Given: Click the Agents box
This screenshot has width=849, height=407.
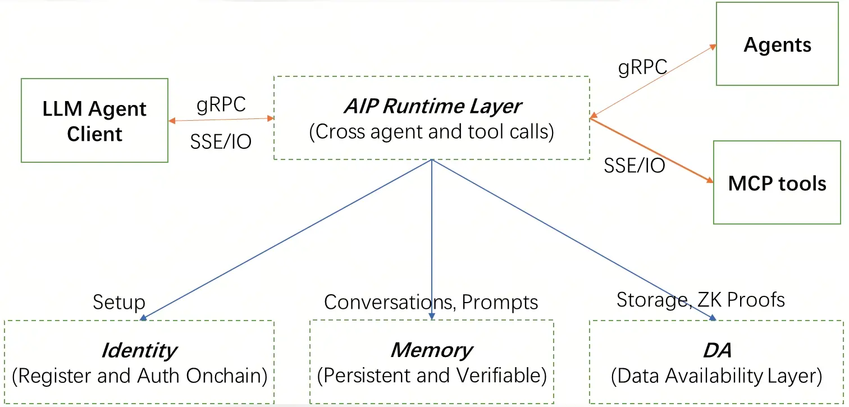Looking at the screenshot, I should click(x=777, y=44).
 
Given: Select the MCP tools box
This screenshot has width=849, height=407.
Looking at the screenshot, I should click(x=777, y=183).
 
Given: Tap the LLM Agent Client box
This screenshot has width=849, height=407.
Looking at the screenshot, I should click(x=94, y=121).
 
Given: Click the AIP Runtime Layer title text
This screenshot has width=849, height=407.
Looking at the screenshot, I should click(x=432, y=106).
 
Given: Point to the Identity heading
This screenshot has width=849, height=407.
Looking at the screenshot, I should click(x=139, y=350).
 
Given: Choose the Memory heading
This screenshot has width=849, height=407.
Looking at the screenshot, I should click(x=431, y=350).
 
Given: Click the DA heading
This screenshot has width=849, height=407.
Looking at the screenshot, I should click(x=717, y=350).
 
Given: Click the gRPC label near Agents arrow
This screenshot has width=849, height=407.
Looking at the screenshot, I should click(x=642, y=67).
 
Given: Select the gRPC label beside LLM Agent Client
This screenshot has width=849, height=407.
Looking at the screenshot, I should click(x=221, y=105).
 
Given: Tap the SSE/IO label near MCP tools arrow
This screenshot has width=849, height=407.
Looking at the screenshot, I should click(x=635, y=165).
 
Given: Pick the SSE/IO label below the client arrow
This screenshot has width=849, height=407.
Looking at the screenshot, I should click(x=221, y=142).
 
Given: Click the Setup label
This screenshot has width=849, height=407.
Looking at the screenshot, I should click(x=119, y=302).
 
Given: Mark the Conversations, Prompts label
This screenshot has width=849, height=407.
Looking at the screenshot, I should click(x=431, y=302).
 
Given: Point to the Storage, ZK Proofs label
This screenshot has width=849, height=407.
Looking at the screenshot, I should click(x=700, y=300).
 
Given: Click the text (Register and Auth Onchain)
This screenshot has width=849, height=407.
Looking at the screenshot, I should click(x=139, y=376).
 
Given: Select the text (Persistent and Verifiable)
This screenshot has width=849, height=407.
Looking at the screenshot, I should click(x=431, y=376).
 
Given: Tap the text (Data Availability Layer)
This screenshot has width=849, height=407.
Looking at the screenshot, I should click(x=716, y=376).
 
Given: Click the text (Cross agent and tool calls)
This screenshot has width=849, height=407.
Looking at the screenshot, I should click(x=431, y=131).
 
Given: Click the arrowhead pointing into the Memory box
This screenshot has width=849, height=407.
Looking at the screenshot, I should click(x=432, y=317).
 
